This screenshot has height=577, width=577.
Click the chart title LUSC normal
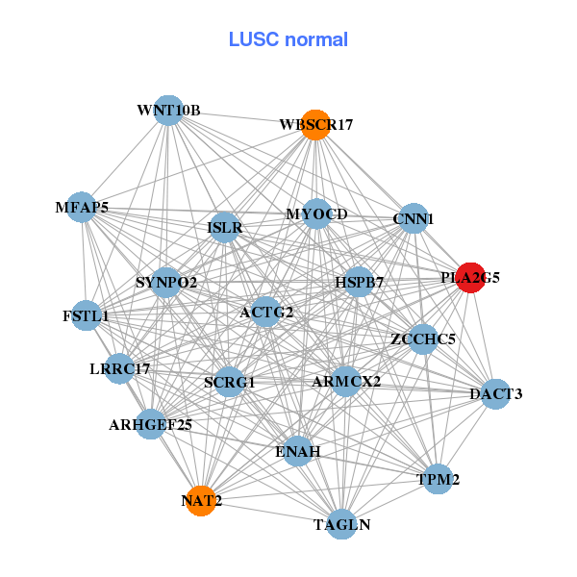[288, 39]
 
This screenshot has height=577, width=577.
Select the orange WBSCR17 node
[315, 125]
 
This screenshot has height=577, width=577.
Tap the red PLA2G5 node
[470, 277]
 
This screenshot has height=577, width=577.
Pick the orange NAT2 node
[200, 500]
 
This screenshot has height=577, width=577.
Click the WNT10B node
[168, 111]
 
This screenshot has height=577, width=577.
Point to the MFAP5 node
[81, 207]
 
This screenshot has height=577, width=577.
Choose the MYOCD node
[317, 213]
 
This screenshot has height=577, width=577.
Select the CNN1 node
[413, 218]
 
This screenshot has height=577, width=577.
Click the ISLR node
[224, 228]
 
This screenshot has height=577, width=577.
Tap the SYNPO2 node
[166, 283]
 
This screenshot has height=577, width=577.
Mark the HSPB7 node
[359, 283]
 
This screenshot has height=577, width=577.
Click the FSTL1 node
[86, 315]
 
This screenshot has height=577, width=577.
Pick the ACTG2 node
[266, 312]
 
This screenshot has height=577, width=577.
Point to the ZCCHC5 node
[423, 339]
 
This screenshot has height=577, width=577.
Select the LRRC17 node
[119, 368]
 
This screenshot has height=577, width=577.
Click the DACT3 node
[495, 393]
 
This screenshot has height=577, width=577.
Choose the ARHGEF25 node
[151, 423]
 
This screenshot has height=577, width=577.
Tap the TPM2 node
[438, 479]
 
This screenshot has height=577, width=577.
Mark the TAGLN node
[341, 524]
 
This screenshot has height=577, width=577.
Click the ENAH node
[298, 451]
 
